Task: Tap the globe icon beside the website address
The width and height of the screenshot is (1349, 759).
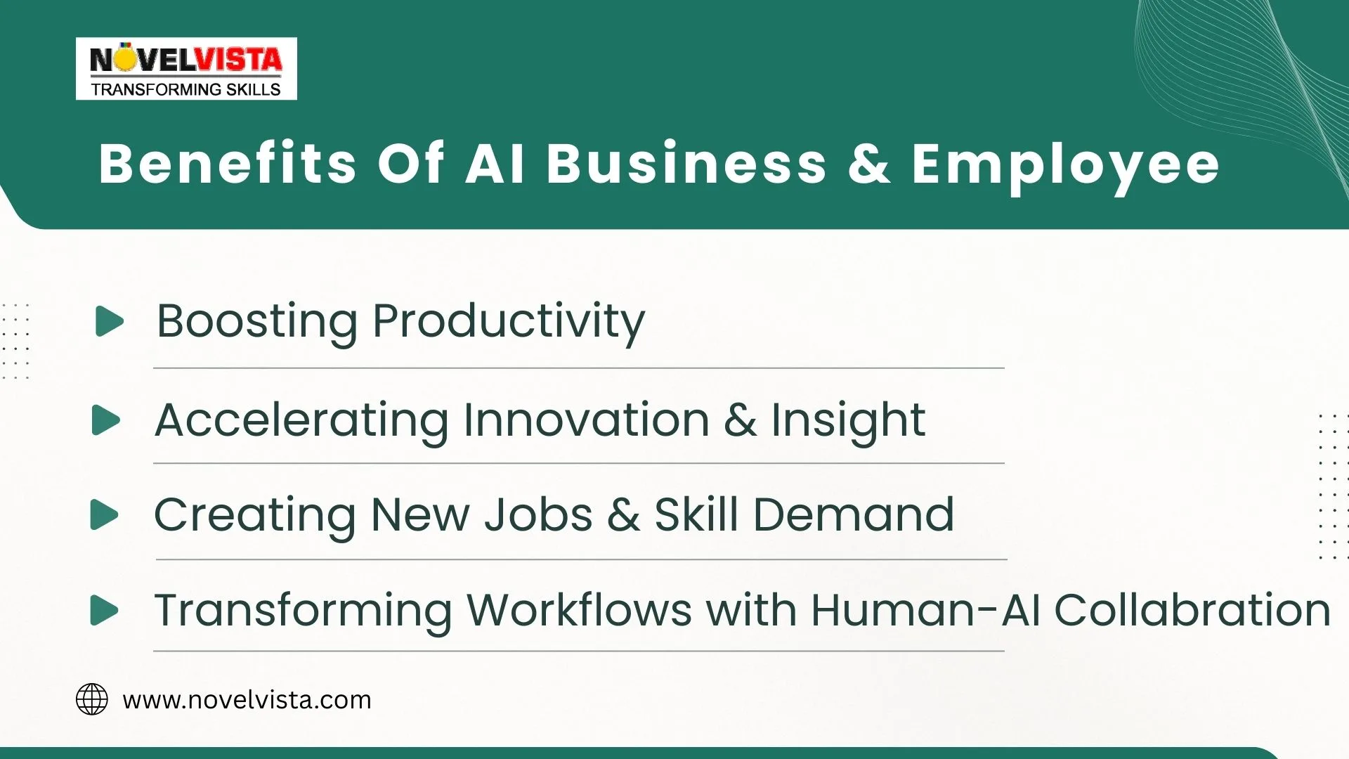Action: pos(92,699)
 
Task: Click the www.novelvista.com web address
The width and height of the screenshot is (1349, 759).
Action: pos(247,700)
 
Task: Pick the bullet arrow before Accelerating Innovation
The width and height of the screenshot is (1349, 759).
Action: pos(106,420)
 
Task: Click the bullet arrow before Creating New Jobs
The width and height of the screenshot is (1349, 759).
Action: pos(105,514)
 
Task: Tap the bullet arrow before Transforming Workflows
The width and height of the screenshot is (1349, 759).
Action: pos(105,609)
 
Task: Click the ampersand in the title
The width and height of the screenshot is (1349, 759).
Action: pos(868,164)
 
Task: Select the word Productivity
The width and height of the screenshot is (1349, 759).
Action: pos(508,322)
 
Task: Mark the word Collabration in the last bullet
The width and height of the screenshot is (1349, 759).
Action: pos(1192,609)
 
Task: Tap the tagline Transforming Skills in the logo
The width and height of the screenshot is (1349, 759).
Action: pos(186,89)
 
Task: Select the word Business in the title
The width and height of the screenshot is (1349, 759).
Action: pos(686,164)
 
